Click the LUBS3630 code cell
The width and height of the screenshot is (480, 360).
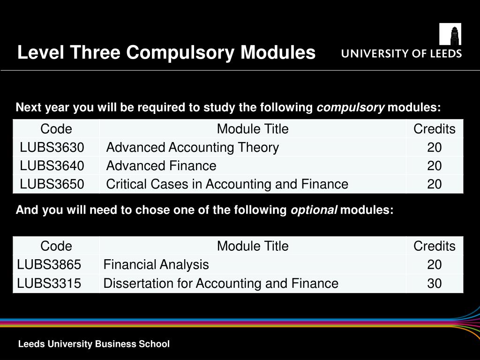click(52, 148)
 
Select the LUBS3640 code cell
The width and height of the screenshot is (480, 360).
click(52, 166)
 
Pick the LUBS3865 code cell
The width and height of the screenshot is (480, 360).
click(49, 265)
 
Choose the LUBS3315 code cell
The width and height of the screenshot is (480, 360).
click(49, 284)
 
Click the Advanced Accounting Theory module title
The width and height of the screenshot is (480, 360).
click(193, 148)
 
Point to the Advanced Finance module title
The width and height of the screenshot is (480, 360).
click(161, 166)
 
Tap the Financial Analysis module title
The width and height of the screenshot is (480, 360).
click(156, 265)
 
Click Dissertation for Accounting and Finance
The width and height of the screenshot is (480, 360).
click(221, 284)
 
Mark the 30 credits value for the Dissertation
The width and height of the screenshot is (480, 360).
click(435, 284)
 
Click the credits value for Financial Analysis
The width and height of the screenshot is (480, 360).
click(435, 265)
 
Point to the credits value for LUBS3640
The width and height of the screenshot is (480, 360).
click(435, 166)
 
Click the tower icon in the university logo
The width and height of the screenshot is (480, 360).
click(450, 34)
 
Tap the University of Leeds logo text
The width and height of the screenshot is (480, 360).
click(401, 53)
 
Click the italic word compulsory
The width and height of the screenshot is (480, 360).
click(351, 108)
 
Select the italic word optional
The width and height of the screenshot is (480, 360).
click(314, 210)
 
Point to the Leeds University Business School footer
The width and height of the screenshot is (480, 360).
click(94, 344)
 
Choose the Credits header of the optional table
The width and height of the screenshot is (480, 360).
click(435, 246)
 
